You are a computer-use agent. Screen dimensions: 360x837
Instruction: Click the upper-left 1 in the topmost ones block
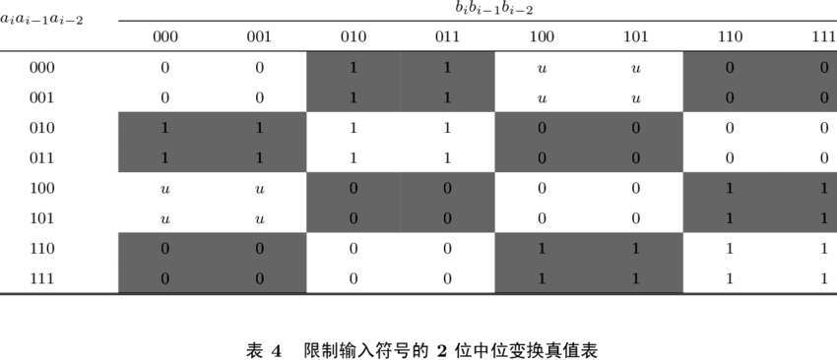click(x=354, y=68)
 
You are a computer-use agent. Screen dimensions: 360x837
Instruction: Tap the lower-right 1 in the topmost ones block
click(x=447, y=98)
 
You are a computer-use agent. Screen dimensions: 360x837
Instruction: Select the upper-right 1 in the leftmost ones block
click(x=259, y=128)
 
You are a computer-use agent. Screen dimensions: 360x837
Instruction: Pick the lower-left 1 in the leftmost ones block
click(x=164, y=158)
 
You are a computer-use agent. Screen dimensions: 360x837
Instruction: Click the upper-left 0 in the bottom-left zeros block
click(x=164, y=249)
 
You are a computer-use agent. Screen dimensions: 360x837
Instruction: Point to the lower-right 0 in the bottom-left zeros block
click(x=259, y=279)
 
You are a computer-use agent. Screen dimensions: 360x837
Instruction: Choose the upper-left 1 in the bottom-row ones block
click(x=542, y=249)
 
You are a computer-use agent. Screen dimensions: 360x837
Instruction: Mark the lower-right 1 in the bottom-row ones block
click(x=636, y=279)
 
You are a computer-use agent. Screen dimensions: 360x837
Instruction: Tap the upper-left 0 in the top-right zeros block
click(x=730, y=68)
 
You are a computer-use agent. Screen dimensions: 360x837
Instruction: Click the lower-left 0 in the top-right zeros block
click(x=730, y=98)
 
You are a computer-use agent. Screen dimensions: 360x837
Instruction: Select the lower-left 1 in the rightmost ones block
click(x=730, y=218)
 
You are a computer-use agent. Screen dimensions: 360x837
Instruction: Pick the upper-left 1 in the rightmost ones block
click(x=730, y=189)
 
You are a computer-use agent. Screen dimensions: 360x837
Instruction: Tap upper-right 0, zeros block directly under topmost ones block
click(x=447, y=189)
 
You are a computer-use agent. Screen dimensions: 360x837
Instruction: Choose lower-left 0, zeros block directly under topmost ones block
click(x=354, y=218)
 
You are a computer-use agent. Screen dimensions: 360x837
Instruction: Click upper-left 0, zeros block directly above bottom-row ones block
click(x=542, y=128)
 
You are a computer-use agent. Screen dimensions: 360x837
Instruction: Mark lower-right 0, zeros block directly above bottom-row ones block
click(x=636, y=158)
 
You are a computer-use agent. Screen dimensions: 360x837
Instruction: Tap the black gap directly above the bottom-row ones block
click(x=589, y=203)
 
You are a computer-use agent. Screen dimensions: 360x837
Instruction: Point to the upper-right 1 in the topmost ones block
click(x=447, y=68)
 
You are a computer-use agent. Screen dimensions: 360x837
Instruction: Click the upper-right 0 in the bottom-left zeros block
click(x=259, y=249)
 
